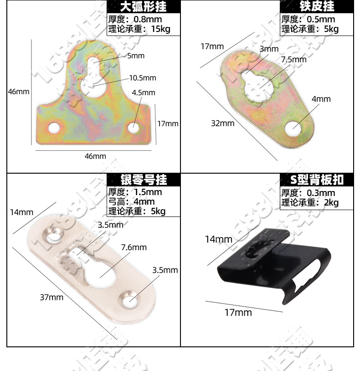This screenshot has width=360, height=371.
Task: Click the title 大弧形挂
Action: tap(143, 7)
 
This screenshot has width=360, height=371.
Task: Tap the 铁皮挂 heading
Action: tap(317, 6)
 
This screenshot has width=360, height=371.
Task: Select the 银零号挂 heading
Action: tap(143, 180)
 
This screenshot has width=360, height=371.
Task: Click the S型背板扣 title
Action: tap(317, 180)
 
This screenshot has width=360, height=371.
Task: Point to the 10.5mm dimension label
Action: tap(143, 78)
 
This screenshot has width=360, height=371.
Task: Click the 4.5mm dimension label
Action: tap(144, 93)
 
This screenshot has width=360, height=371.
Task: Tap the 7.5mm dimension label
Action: tap(294, 60)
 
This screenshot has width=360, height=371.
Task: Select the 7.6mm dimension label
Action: tap(134, 247)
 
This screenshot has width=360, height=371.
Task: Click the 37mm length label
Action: tap(51, 297)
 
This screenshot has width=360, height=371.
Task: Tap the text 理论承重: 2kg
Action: tap(310, 203)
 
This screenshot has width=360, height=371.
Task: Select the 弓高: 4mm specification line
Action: tap(131, 201)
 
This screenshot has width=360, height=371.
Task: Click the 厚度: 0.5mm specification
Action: tap(308, 19)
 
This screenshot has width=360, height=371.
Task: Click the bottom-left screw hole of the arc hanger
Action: tap(55, 127)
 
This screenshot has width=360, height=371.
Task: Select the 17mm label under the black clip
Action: tap(238, 312)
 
